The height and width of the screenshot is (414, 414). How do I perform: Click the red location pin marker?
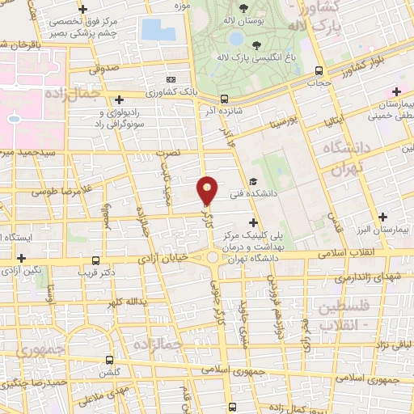click(x=208, y=190)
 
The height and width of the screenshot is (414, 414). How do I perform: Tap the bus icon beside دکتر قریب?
click(x=96, y=261)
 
